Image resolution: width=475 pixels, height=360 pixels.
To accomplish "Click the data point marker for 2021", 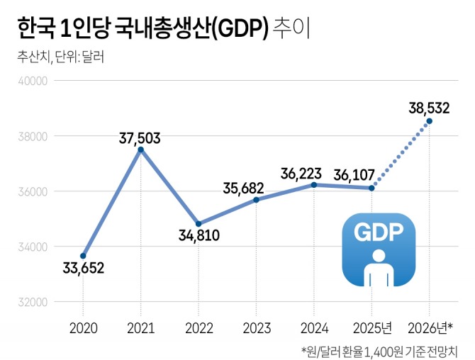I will [140, 150].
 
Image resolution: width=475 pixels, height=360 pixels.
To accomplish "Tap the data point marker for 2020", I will [83, 256].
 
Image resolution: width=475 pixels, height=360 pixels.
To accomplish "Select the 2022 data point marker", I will [199, 224].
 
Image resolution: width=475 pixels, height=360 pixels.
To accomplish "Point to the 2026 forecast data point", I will [429, 121].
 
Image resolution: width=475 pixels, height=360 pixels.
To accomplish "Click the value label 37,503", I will [140, 135].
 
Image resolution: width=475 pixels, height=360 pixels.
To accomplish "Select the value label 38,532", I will [430, 108].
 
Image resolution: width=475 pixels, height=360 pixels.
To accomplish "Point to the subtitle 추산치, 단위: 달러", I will [61, 57].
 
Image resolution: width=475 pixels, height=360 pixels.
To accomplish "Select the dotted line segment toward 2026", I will [401, 154].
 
